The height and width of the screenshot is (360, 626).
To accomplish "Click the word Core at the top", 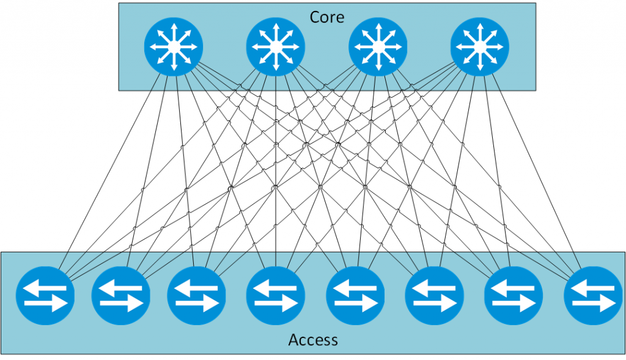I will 327,17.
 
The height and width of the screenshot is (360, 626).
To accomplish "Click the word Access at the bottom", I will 313,339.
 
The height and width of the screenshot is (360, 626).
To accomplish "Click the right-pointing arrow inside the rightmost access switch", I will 595,304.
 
